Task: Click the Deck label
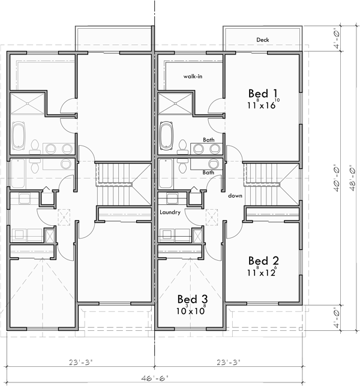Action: click(262, 40)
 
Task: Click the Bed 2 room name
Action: click(263, 261)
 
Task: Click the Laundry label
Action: click(171, 212)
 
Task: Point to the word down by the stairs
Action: click(235, 196)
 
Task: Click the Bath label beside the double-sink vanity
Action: click(208, 140)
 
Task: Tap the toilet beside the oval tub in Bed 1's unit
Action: click(183, 146)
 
